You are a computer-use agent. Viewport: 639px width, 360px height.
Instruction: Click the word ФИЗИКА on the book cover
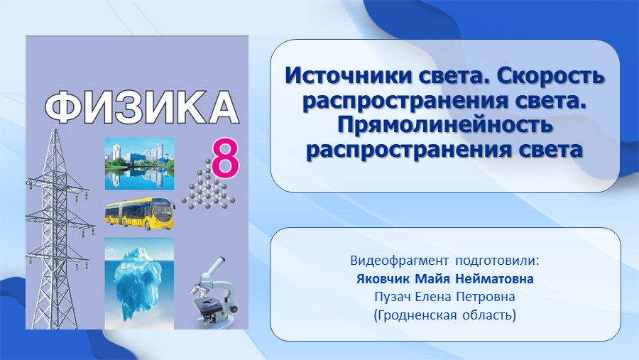pyautogui.click(x=141, y=107)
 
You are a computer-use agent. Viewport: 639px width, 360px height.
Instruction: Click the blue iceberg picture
pyautogui.click(x=139, y=283)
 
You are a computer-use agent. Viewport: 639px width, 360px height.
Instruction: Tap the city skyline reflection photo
pyautogui.click(x=139, y=164)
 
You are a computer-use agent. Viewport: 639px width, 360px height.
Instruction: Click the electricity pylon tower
pyautogui.click(x=57, y=229)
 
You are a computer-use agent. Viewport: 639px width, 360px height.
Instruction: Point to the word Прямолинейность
pyautogui.click(x=445, y=126)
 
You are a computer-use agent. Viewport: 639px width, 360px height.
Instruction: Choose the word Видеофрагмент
pyautogui.click(x=399, y=261)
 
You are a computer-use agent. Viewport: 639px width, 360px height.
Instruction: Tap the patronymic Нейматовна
pyautogui.click(x=494, y=279)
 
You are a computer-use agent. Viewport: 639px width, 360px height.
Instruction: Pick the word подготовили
pyautogui.click(x=497, y=261)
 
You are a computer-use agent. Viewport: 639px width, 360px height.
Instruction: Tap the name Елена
pyautogui.click(x=433, y=297)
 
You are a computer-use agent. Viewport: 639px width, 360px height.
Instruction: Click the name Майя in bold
pyautogui.click(x=432, y=279)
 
